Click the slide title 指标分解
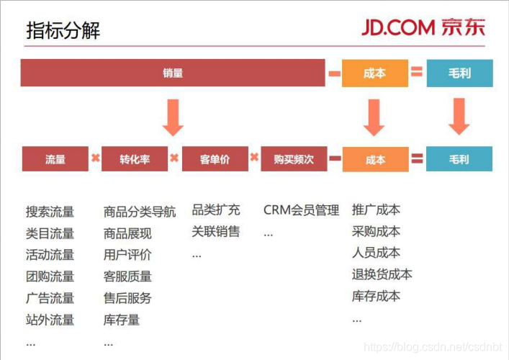(63, 30)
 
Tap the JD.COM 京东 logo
(423, 27)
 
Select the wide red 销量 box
(173, 73)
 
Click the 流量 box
(55, 158)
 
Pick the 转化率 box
(135, 158)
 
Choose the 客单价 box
(215, 158)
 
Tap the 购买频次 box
(294, 158)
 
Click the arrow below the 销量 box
(173, 117)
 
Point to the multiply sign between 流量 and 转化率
(96, 158)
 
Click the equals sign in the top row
(417, 71)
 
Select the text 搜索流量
(50, 212)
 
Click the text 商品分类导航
(140, 212)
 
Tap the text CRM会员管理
(301, 210)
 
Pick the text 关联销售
(215, 231)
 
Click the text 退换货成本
(382, 274)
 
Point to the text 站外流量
(50, 320)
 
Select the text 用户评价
(127, 255)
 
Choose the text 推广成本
(376, 210)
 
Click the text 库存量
(122, 320)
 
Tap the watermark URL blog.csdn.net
(433, 347)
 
